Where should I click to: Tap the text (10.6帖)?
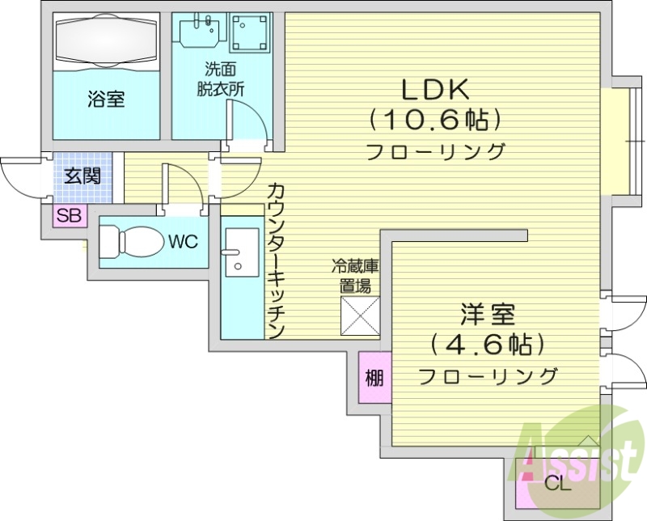tap(436, 121)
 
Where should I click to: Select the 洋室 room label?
tap(488, 314)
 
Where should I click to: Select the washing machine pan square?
tap(251, 33)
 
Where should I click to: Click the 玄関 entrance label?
tap(83, 175)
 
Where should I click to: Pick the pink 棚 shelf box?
tap(373, 377)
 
